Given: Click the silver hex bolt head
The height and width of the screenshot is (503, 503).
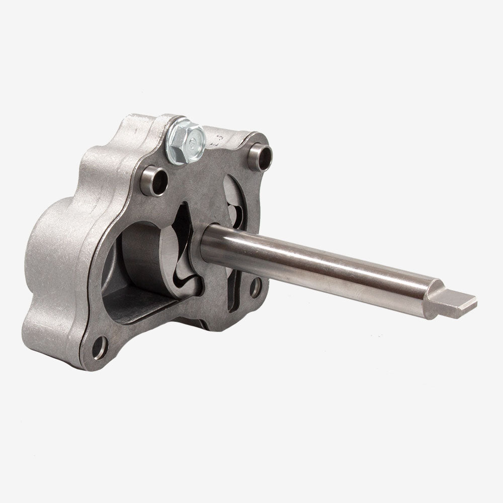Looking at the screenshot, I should click(x=185, y=137).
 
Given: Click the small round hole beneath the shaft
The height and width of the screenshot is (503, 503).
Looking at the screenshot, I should click(x=255, y=287).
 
